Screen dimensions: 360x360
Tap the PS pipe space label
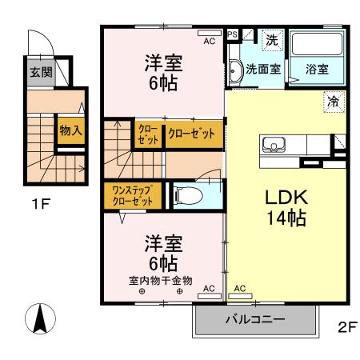233,35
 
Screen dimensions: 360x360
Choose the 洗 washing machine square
271,39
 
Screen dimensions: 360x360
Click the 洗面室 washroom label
262,70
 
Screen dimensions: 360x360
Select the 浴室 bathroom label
316,70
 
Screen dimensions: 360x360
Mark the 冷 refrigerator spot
333,102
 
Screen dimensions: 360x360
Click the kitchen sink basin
273,146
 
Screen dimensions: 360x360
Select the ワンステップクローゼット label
132,195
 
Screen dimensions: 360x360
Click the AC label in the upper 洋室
209,40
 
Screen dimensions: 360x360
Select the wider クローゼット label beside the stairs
193,134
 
